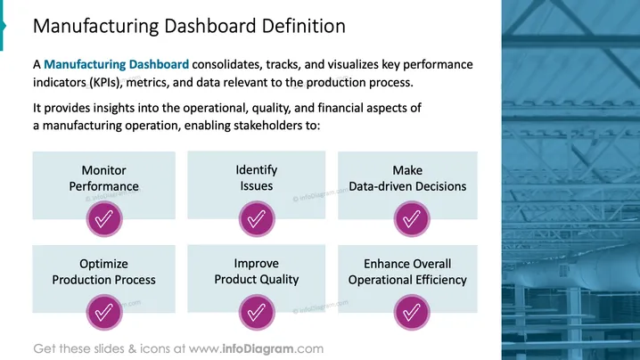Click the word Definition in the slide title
coord(304,26)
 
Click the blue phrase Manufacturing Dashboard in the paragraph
coord(117,64)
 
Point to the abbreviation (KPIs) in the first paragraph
coord(106,83)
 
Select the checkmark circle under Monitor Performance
coord(104,219)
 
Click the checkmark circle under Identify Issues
coord(257,219)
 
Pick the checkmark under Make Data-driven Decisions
coord(412,219)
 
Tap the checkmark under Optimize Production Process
coord(104,312)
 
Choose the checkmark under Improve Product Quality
coord(257,312)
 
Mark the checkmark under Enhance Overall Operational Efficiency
coord(412,312)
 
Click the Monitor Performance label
coord(103,178)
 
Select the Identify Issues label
coord(257,178)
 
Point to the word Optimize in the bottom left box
coord(103,264)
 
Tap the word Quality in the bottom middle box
coord(280,280)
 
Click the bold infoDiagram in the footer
coord(258,349)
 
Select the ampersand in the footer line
coord(132,349)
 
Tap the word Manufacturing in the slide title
coord(96,26)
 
